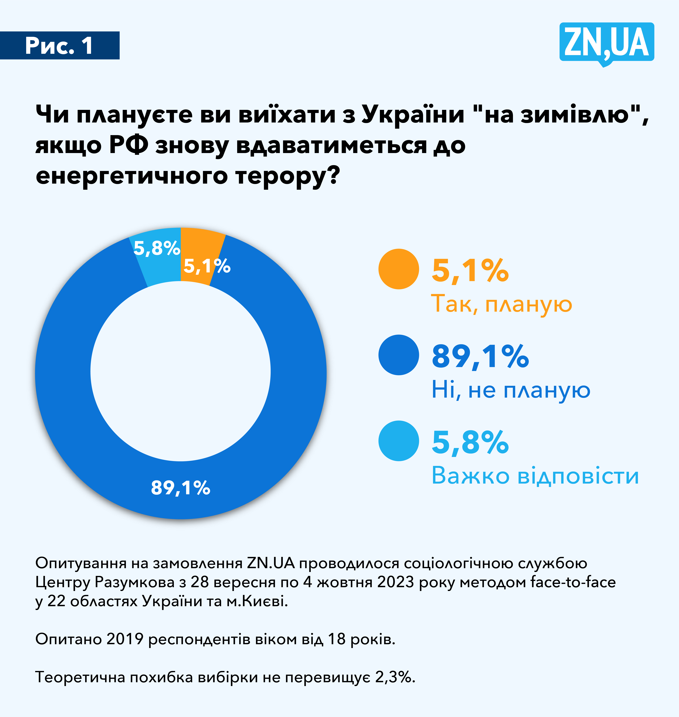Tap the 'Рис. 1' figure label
59,46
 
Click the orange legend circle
398,269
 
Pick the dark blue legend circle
398,355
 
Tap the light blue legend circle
398,441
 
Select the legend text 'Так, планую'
501,304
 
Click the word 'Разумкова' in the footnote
135,582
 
